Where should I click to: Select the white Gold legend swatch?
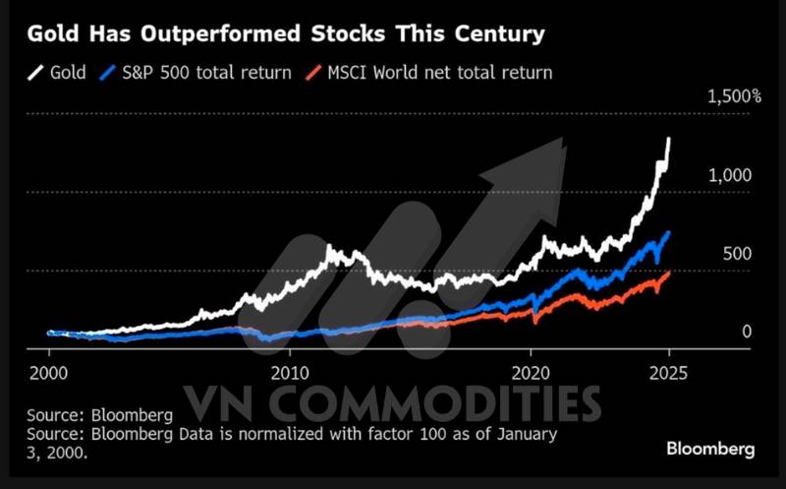36,72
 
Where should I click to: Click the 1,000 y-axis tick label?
729,174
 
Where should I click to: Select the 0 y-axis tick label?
747,332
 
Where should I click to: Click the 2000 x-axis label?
48,374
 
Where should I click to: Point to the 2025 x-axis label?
668,374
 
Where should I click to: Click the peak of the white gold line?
669,139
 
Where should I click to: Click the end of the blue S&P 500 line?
669,232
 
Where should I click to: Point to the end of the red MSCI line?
669,273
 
